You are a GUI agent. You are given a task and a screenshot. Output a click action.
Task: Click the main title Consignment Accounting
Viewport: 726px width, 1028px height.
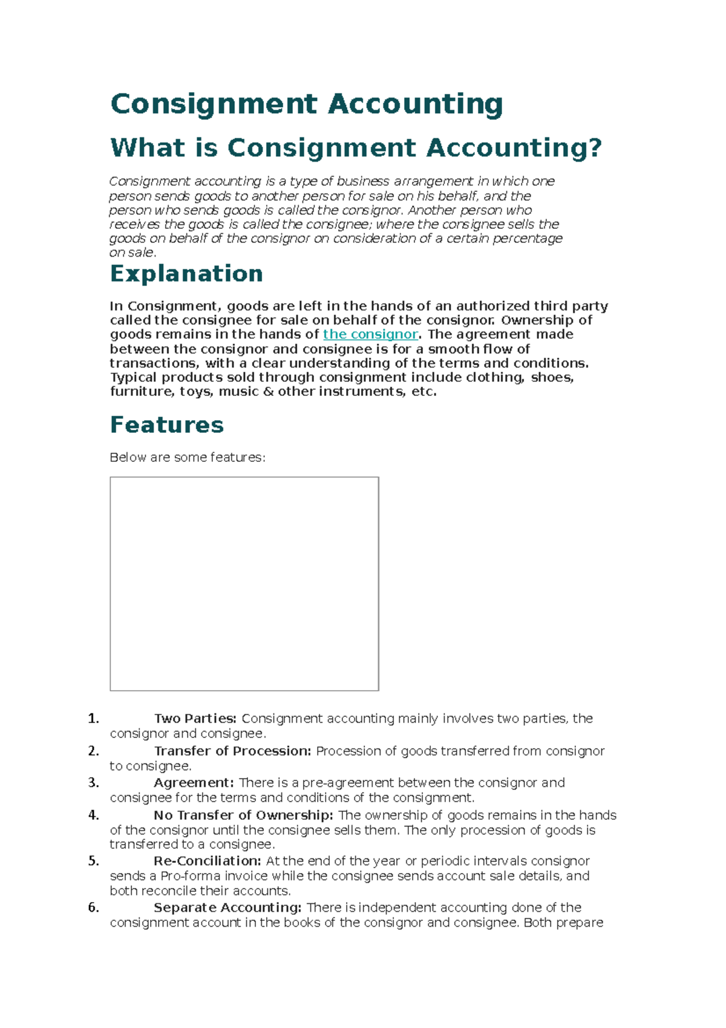coord(306,104)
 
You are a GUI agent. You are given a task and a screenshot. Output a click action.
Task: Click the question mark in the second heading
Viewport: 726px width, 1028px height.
coord(595,148)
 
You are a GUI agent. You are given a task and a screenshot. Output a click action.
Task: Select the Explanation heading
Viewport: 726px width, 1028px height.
coord(186,274)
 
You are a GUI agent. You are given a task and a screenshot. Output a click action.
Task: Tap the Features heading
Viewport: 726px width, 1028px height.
coord(167,424)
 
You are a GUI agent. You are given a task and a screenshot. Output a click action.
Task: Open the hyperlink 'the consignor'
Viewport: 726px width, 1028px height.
coord(370,334)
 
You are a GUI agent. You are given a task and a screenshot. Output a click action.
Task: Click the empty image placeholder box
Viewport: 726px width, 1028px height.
coord(244,583)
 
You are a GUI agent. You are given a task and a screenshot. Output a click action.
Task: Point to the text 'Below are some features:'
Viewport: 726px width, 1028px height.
coord(188,457)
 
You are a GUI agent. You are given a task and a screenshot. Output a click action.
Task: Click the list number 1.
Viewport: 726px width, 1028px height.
coord(93,719)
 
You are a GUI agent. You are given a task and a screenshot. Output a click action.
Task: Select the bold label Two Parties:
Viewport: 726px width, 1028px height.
coord(195,719)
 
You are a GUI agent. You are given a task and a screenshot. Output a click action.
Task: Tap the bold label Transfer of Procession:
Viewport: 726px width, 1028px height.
coord(232,751)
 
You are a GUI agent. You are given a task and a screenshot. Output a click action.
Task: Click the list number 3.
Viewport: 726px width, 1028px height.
coord(93,782)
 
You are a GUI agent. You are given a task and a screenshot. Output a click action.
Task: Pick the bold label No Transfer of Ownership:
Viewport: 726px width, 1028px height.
coord(243,815)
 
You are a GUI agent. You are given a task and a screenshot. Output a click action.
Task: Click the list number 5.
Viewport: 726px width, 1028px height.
coord(93,860)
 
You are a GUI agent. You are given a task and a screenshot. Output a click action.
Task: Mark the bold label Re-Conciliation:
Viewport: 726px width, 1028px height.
coord(207,861)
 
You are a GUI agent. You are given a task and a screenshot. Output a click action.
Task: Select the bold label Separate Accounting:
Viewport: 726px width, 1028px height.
coord(227,908)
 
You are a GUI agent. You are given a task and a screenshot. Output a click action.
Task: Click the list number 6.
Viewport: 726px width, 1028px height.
coord(93,907)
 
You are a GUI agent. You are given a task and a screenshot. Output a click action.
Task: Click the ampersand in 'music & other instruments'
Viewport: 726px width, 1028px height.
coord(269,392)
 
